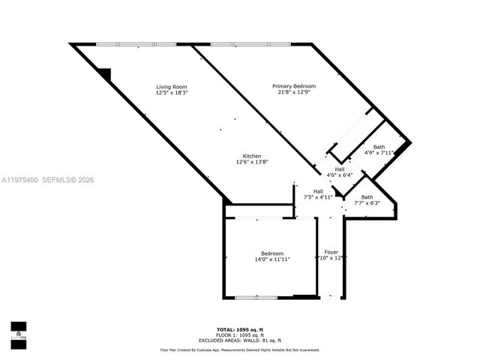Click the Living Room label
(x=171, y=87)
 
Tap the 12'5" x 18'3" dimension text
(x=171, y=94)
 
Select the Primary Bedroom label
(x=293, y=86)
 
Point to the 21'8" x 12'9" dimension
(x=293, y=93)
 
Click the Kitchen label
(x=251, y=156)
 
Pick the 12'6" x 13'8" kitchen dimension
(x=251, y=163)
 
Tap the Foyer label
(x=331, y=252)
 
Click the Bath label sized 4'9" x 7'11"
(x=379, y=147)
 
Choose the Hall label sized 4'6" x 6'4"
(x=340, y=169)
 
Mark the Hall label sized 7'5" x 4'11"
(x=318, y=191)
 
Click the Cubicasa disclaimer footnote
(x=239, y=349)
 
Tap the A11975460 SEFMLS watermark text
(x=48, y=179)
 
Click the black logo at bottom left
(x=19, y=331)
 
